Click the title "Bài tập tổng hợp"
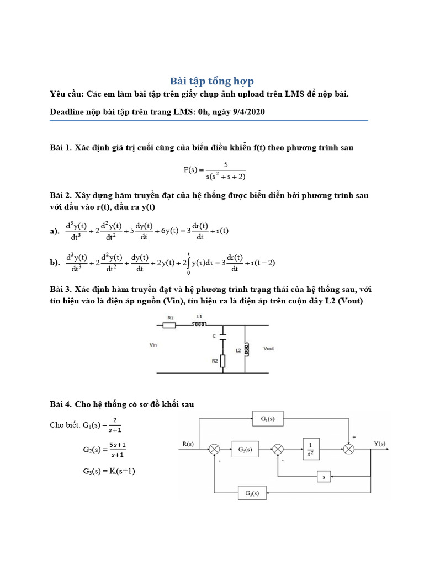(x=211, y=81)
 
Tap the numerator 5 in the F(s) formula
(x=226, y=164)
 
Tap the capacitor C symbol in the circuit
(x=222, y=334)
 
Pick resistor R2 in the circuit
(x=222, y=361)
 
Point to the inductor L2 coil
(x=246, y=349)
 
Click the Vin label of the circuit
(x=154, y=344)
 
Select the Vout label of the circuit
(x=269, y=349)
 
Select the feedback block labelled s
(x=323, y=475)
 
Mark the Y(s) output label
(x=380, y=443)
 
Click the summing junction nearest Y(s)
(x=348, y=450)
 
